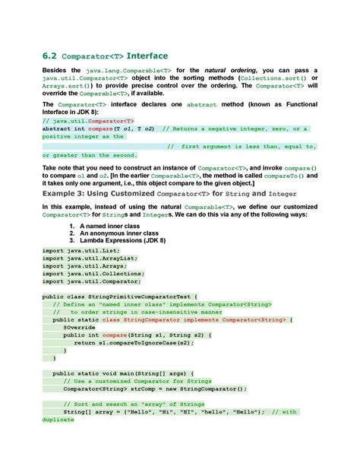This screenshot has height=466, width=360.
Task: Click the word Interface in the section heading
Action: pos(147,56)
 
